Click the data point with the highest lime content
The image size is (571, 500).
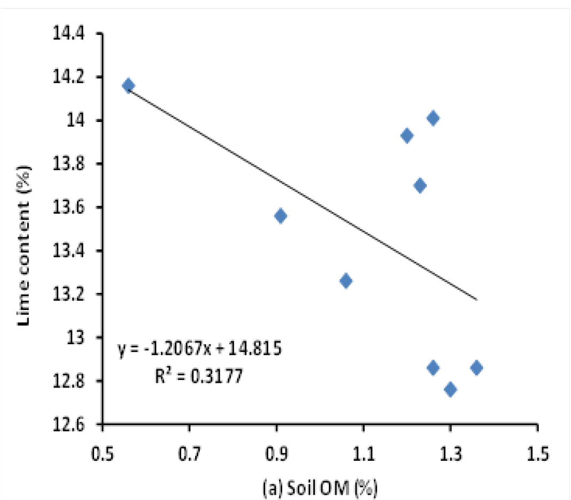point(128,86)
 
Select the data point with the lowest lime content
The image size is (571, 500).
point(451,390)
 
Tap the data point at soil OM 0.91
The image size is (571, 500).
point(280,216)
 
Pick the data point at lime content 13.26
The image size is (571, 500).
point(346,281)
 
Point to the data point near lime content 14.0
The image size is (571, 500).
point(433,118)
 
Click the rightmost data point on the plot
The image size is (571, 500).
point(477,368)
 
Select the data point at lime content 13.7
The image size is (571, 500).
point(420,186)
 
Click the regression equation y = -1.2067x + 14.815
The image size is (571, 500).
point(199,349)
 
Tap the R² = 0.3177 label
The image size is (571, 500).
point(199,376)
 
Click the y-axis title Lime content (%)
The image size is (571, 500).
point(24,245)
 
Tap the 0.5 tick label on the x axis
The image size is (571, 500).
point(102,454)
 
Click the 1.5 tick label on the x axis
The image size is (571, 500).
point(538,454)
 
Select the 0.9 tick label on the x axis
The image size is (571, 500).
point(277,454)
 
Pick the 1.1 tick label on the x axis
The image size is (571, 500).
point(364,454)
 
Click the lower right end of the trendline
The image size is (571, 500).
point(477,300)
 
